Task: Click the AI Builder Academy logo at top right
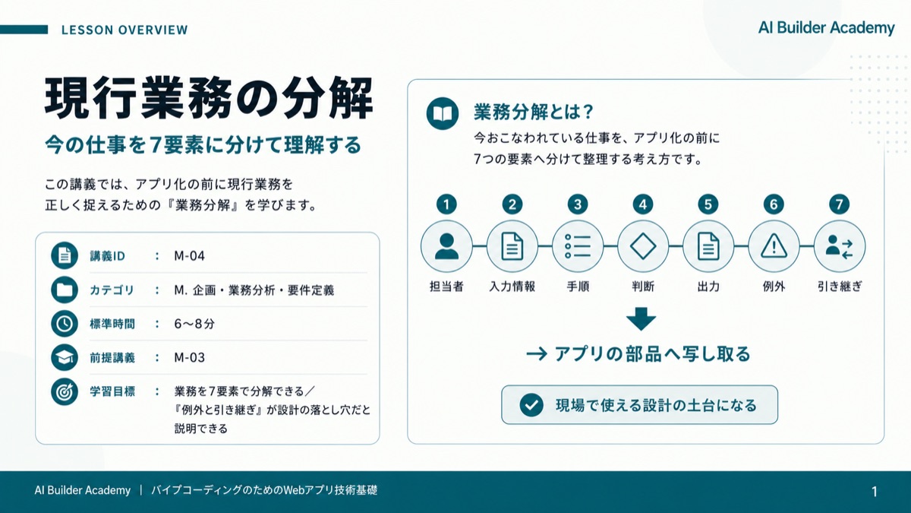827,27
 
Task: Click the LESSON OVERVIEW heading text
125,30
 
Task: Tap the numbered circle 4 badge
643,204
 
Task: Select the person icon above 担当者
446,246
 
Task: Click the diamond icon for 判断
643,246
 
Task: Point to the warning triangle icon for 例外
774,246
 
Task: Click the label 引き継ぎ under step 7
840,287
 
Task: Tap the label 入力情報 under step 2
512,287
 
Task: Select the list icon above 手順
578,246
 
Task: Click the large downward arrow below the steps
641,318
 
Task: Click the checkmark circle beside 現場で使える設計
531,405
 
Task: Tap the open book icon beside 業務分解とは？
443,113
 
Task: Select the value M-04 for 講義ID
189,255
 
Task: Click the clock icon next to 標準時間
65,324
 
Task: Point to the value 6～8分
194,324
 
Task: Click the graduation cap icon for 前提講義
65,357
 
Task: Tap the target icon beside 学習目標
65,391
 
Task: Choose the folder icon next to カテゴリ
65,290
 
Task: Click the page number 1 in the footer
875,492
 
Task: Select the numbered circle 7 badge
840,204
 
